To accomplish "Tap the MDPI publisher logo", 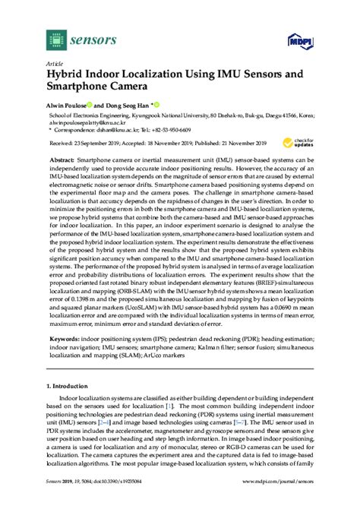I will click(298, 39).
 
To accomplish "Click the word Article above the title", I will click(55, 64).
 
